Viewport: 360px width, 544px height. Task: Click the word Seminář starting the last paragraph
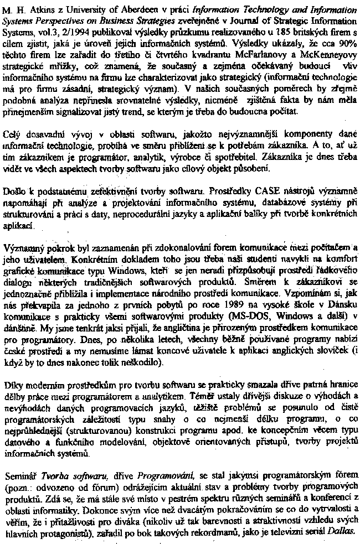19,475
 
